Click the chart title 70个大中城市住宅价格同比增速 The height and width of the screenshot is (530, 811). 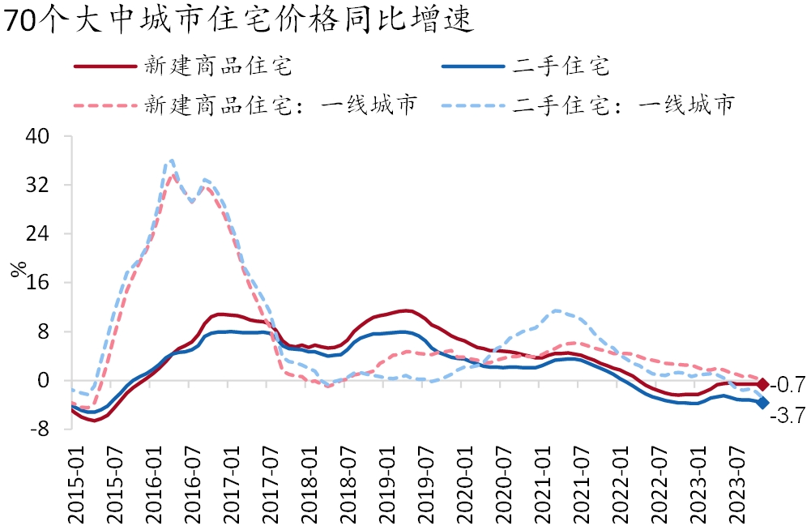click(238, 20)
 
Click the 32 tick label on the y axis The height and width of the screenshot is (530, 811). click(40, 185)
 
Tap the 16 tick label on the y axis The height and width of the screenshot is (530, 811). click(40, 283)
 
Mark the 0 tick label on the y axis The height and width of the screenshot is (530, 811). click(45, 381)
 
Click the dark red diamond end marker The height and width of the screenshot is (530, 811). click(762, 384)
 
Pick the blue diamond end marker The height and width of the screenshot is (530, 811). click(762, 403)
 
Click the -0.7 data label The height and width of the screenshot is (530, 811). click(786, 384)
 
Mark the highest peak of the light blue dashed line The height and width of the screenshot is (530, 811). click(172, 160)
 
